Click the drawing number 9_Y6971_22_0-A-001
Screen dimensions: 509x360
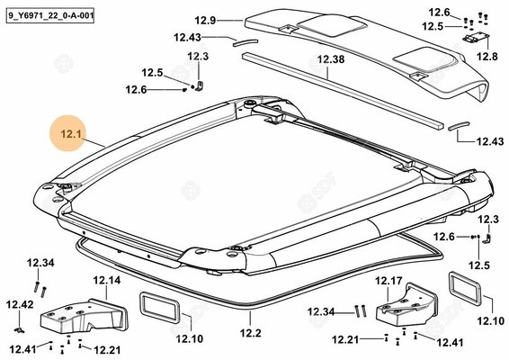coord(50,15)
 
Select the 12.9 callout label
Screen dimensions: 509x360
coord(205,21)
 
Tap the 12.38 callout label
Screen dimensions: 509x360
coord(331,59)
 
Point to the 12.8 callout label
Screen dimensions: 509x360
coord(487,57)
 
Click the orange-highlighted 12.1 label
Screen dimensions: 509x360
coord(71,134)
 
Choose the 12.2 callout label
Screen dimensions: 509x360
coord(251,333)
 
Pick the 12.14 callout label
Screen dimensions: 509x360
coord(107,280)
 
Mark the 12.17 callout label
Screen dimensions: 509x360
coord(388,281)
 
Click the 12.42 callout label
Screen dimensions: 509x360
coord(20,304)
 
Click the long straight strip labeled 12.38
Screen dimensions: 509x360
coord(343,91)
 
